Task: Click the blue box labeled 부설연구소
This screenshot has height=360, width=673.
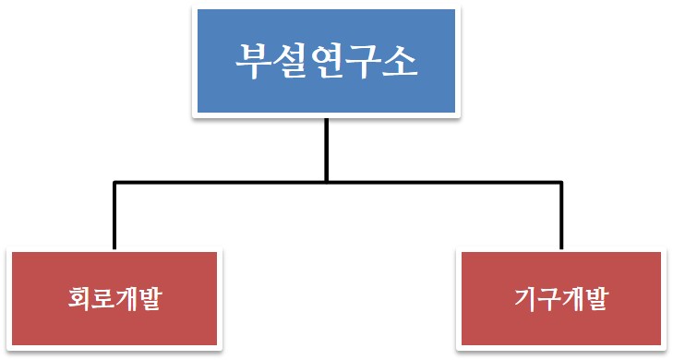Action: (x=326, y=61)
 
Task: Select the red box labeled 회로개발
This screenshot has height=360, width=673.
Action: (x=115, y=300)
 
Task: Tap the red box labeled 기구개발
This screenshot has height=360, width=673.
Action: (x=561, y=300)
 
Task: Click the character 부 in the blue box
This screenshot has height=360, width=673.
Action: (x=253, y=62)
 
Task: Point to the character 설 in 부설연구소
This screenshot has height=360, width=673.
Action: (x=290, y=62)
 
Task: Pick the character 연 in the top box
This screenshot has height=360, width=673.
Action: (x=327, y=62)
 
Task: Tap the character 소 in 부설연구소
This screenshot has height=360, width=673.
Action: (x=401, y=62)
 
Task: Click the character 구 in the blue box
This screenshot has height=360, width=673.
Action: (x=364, y=62)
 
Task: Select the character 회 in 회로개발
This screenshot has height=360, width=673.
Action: (x=80, y=300)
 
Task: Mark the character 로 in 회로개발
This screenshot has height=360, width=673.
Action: (x=104, y=300)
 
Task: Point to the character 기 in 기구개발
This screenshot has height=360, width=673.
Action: (x=526, y=300)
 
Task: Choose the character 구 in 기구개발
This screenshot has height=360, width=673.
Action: (x=550, y=300)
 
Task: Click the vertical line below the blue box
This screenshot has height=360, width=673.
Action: (x=326, y=148)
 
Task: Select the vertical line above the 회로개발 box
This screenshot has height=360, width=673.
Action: (x=114, y=217)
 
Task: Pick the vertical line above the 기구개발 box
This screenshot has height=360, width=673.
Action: (x=560, y=217)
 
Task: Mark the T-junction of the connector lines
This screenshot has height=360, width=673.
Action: (x=326, y=182)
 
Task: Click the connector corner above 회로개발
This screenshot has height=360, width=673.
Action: (x=114, y=183)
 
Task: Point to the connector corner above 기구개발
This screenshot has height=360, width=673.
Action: (x=560, y=183)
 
